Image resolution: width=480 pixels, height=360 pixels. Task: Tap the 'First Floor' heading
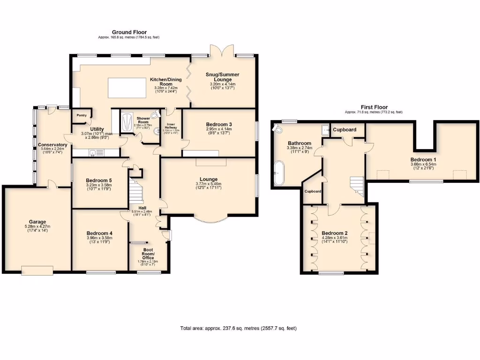tap(374, 107)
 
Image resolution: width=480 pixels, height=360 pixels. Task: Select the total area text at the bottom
tap(238, 328)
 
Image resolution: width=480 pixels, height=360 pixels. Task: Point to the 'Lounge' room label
tap(208, 179)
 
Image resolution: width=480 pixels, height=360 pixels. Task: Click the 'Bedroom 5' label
tap(99, 180)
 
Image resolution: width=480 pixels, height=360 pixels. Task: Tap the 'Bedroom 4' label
tap(99, 233)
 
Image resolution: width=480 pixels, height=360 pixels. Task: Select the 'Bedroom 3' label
tap(219, 124)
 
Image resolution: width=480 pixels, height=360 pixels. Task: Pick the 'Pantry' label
tap(75, 115)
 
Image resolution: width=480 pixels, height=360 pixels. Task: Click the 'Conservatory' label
tap(52, 145)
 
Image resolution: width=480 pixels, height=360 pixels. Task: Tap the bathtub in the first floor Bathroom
tap(279, 172)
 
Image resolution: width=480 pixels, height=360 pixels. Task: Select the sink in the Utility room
tap(93, 152)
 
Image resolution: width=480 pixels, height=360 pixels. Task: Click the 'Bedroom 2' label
tap(335, 233)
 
